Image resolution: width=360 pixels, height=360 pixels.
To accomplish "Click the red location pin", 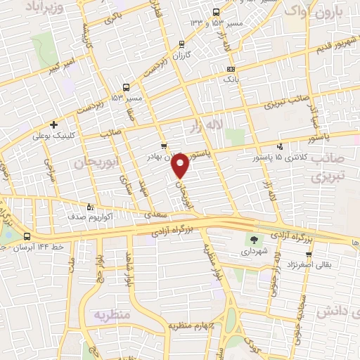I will pyautogui.click(x=181, y=165).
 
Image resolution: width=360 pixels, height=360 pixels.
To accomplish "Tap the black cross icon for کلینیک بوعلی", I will pyautogui.click(x=53, y=124).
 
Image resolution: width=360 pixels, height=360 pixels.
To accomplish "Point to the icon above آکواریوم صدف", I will pyautogui.click(x=89, y=207).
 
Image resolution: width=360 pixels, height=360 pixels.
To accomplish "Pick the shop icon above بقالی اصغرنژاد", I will pyautogui.click(x=308, y=255).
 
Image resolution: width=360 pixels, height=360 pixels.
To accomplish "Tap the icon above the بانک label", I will pyautogui.click(x=231, y=69).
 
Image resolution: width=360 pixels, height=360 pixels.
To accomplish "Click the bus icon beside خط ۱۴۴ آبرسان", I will pyautogui.click(x=27, y=236).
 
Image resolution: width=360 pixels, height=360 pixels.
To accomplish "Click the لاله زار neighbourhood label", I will pyautogui.click(x=205, y=126).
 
